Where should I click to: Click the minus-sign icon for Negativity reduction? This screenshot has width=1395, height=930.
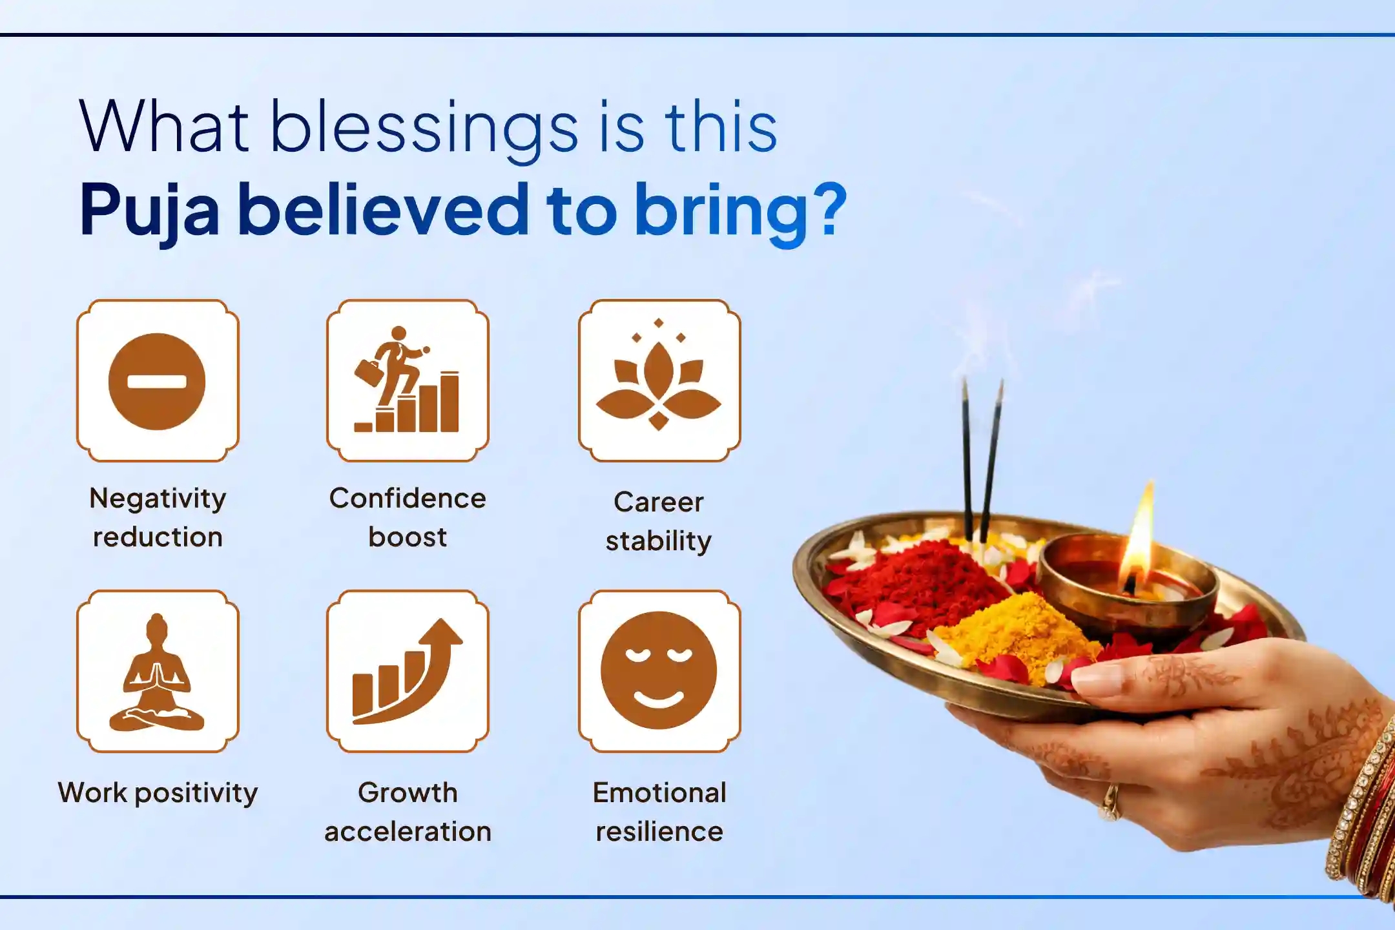pos(157,381)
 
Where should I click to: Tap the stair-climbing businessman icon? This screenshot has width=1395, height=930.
pos(408,380)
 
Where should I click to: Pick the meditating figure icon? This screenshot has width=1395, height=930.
pos(157,672)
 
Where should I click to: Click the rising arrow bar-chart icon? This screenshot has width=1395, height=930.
pos(408,672)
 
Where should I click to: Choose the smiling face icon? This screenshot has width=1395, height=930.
pos(659,670)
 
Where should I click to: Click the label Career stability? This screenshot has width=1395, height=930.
pos(659,521)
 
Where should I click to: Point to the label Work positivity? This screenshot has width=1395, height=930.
pos(158,793)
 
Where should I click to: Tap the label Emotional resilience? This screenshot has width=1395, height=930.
pos(659,812)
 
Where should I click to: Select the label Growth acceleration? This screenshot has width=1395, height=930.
pos(408,812)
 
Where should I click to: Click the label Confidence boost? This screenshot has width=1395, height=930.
pos(408,517)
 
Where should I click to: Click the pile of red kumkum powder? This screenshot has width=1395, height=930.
pos(917,581)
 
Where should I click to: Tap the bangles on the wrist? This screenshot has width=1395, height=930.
pos(1363,814)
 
